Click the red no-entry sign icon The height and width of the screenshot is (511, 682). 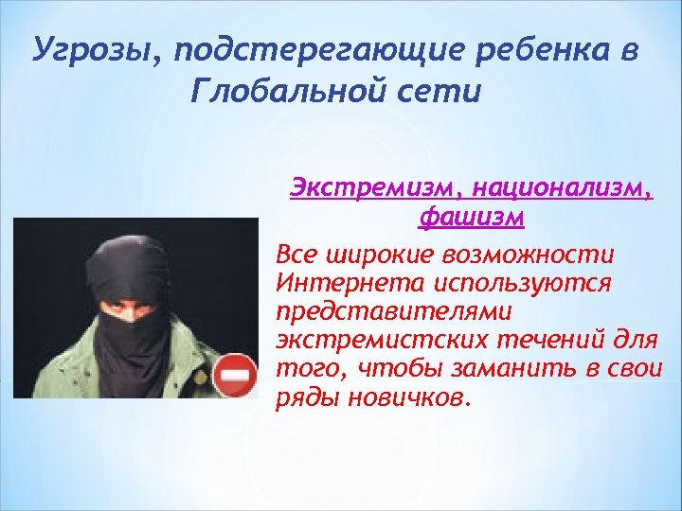(x=234, y=377)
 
